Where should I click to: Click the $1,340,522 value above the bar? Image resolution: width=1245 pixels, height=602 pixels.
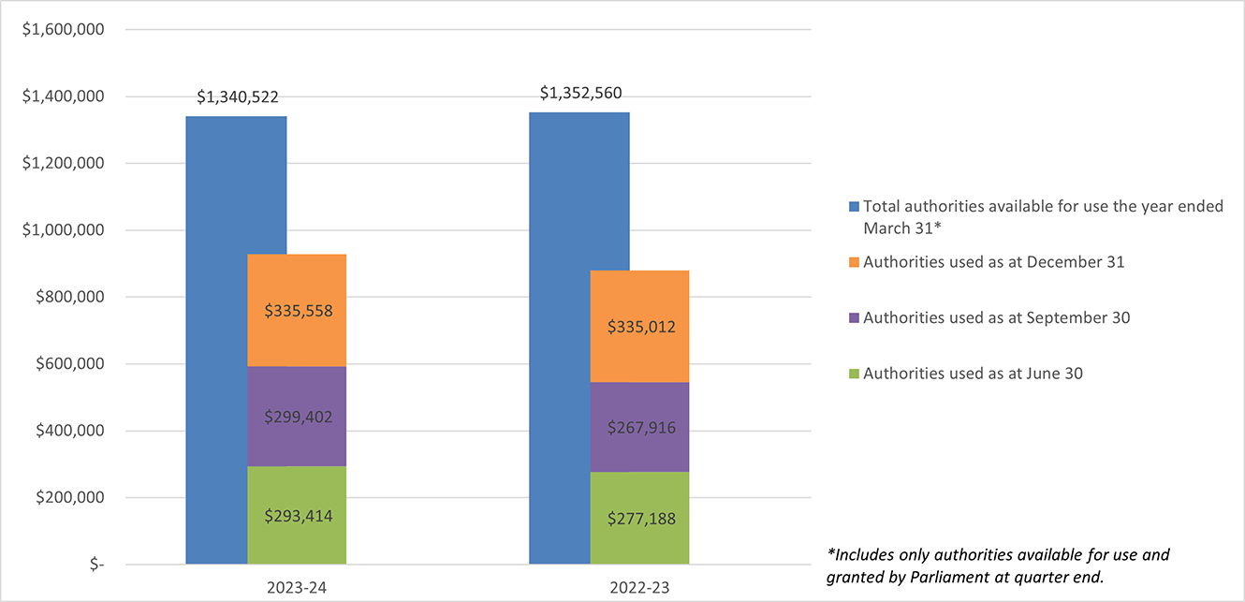[x=238, y=97]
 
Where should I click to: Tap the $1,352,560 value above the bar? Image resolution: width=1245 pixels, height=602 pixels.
[x=580, y=93]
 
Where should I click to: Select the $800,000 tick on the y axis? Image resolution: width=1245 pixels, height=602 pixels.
[x=66, y=297]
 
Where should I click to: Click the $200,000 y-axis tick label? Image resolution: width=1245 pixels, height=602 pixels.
[x=66, y=498]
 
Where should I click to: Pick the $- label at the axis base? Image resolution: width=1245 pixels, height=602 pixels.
[x=93, y=565]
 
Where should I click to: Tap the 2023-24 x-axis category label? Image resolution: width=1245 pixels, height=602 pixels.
[x=296, y=589]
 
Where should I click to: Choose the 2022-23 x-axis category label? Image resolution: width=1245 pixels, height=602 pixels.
[x=639, y=589]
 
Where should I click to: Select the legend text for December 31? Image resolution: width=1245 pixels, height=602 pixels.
[x=993, y=262]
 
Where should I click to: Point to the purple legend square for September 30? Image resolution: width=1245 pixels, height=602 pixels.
[x=853, y=318]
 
